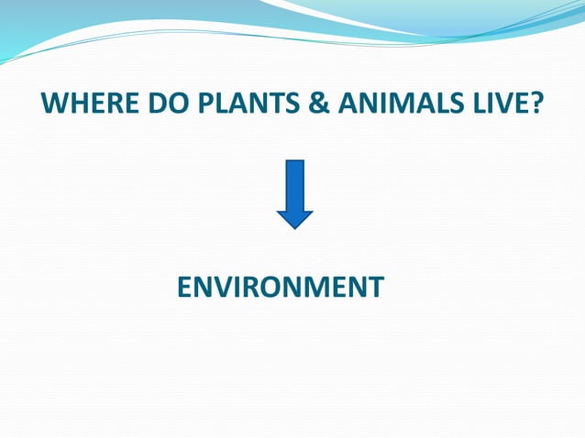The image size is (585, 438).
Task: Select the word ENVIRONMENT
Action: (280, 287)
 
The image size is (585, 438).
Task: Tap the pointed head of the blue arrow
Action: (294, 219)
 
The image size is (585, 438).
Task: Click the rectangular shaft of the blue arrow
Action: (294, 184)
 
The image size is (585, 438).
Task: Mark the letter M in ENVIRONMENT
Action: (320, 287)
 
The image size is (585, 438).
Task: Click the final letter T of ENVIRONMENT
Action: (375, 287)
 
